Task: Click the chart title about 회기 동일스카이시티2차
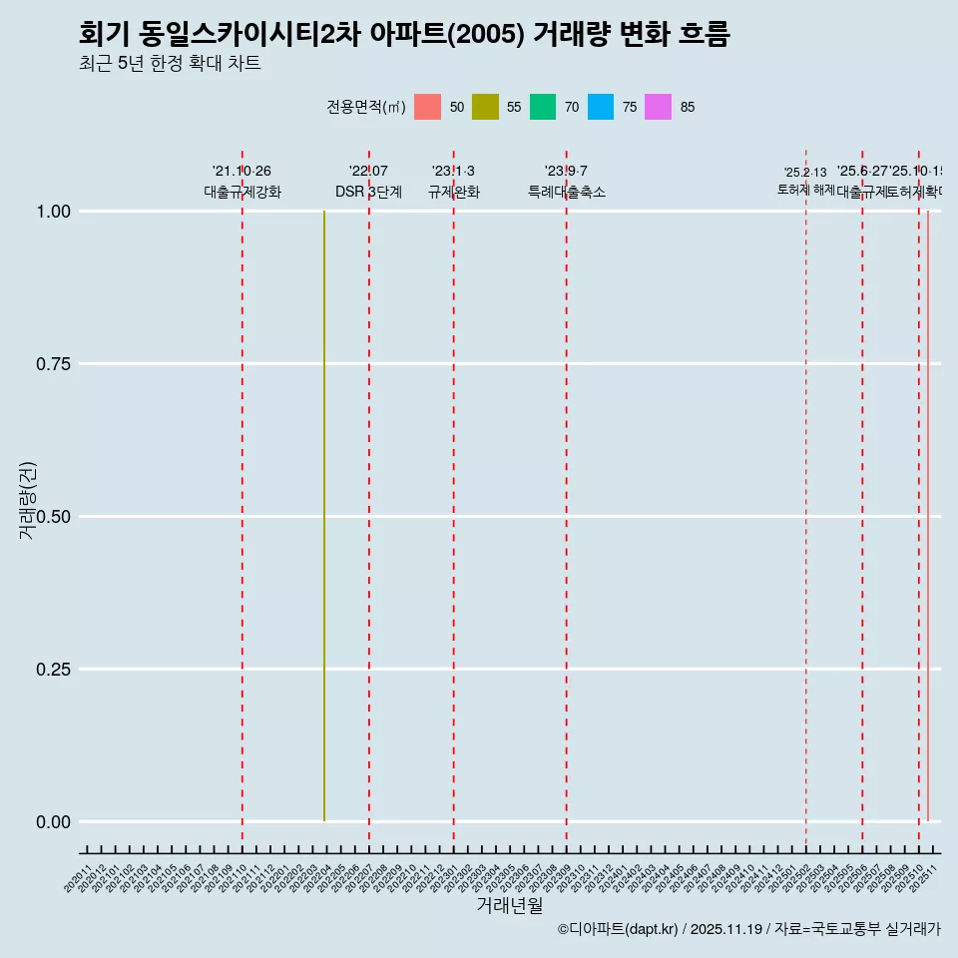[x=404, y=34]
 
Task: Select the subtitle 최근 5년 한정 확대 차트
[x=170, y=64]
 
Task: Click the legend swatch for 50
[x=427, y=107]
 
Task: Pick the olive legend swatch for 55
[x=485, y=107]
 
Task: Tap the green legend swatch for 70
[x=543, y=107]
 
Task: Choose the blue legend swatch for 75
[x=601, y=107]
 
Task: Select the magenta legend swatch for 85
[x=658, y=107]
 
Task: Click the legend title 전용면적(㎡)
[x=365, y=107]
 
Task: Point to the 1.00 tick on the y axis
[x=53, y=212]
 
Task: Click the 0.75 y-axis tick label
[x=53, y=364]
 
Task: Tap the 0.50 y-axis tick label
[x=53, y=517]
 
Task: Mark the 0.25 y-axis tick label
[x=53, y=670]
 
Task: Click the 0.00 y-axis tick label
[x=53, y=822]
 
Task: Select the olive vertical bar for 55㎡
[x=324, y=516]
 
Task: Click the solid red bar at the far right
[x=928, y=516]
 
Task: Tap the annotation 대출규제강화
[x=242, y=192]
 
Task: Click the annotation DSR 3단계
[x=368, y=192]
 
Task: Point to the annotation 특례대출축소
[x=567, y=192]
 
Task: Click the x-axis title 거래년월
[x=509, y=906]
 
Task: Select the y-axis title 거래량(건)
[x=27, y=500]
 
